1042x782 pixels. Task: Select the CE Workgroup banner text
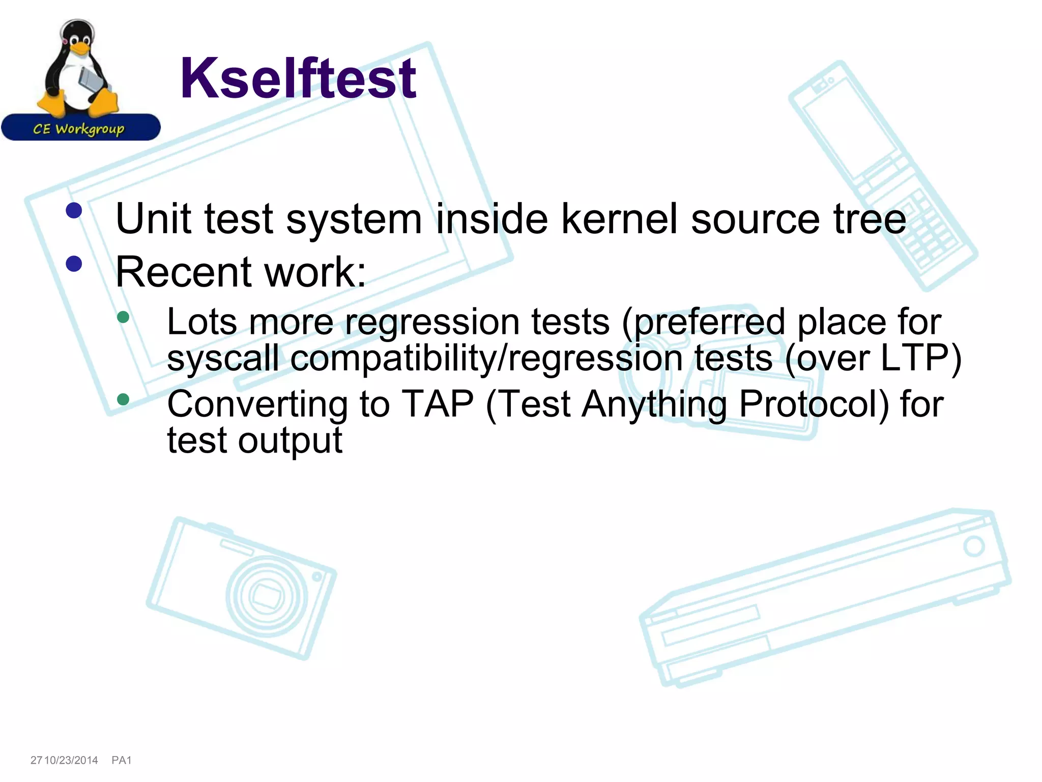(x=79, y=129)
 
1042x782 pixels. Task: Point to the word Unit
(x=154, y=219)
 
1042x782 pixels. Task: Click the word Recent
(x=183, y=272)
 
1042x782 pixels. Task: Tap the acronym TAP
(x=438, y=404)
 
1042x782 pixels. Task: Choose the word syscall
(x=223, y=358)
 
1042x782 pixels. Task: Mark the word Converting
(x=257, y=405)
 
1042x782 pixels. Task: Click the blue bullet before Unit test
(x=74, y=210)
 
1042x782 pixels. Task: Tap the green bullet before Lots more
(x=123, y=317)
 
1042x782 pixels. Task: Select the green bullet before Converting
(x=123, y=399)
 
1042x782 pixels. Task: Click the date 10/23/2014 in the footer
(x=71, y=760)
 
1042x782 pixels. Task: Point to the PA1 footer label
(x=122, y=760)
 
